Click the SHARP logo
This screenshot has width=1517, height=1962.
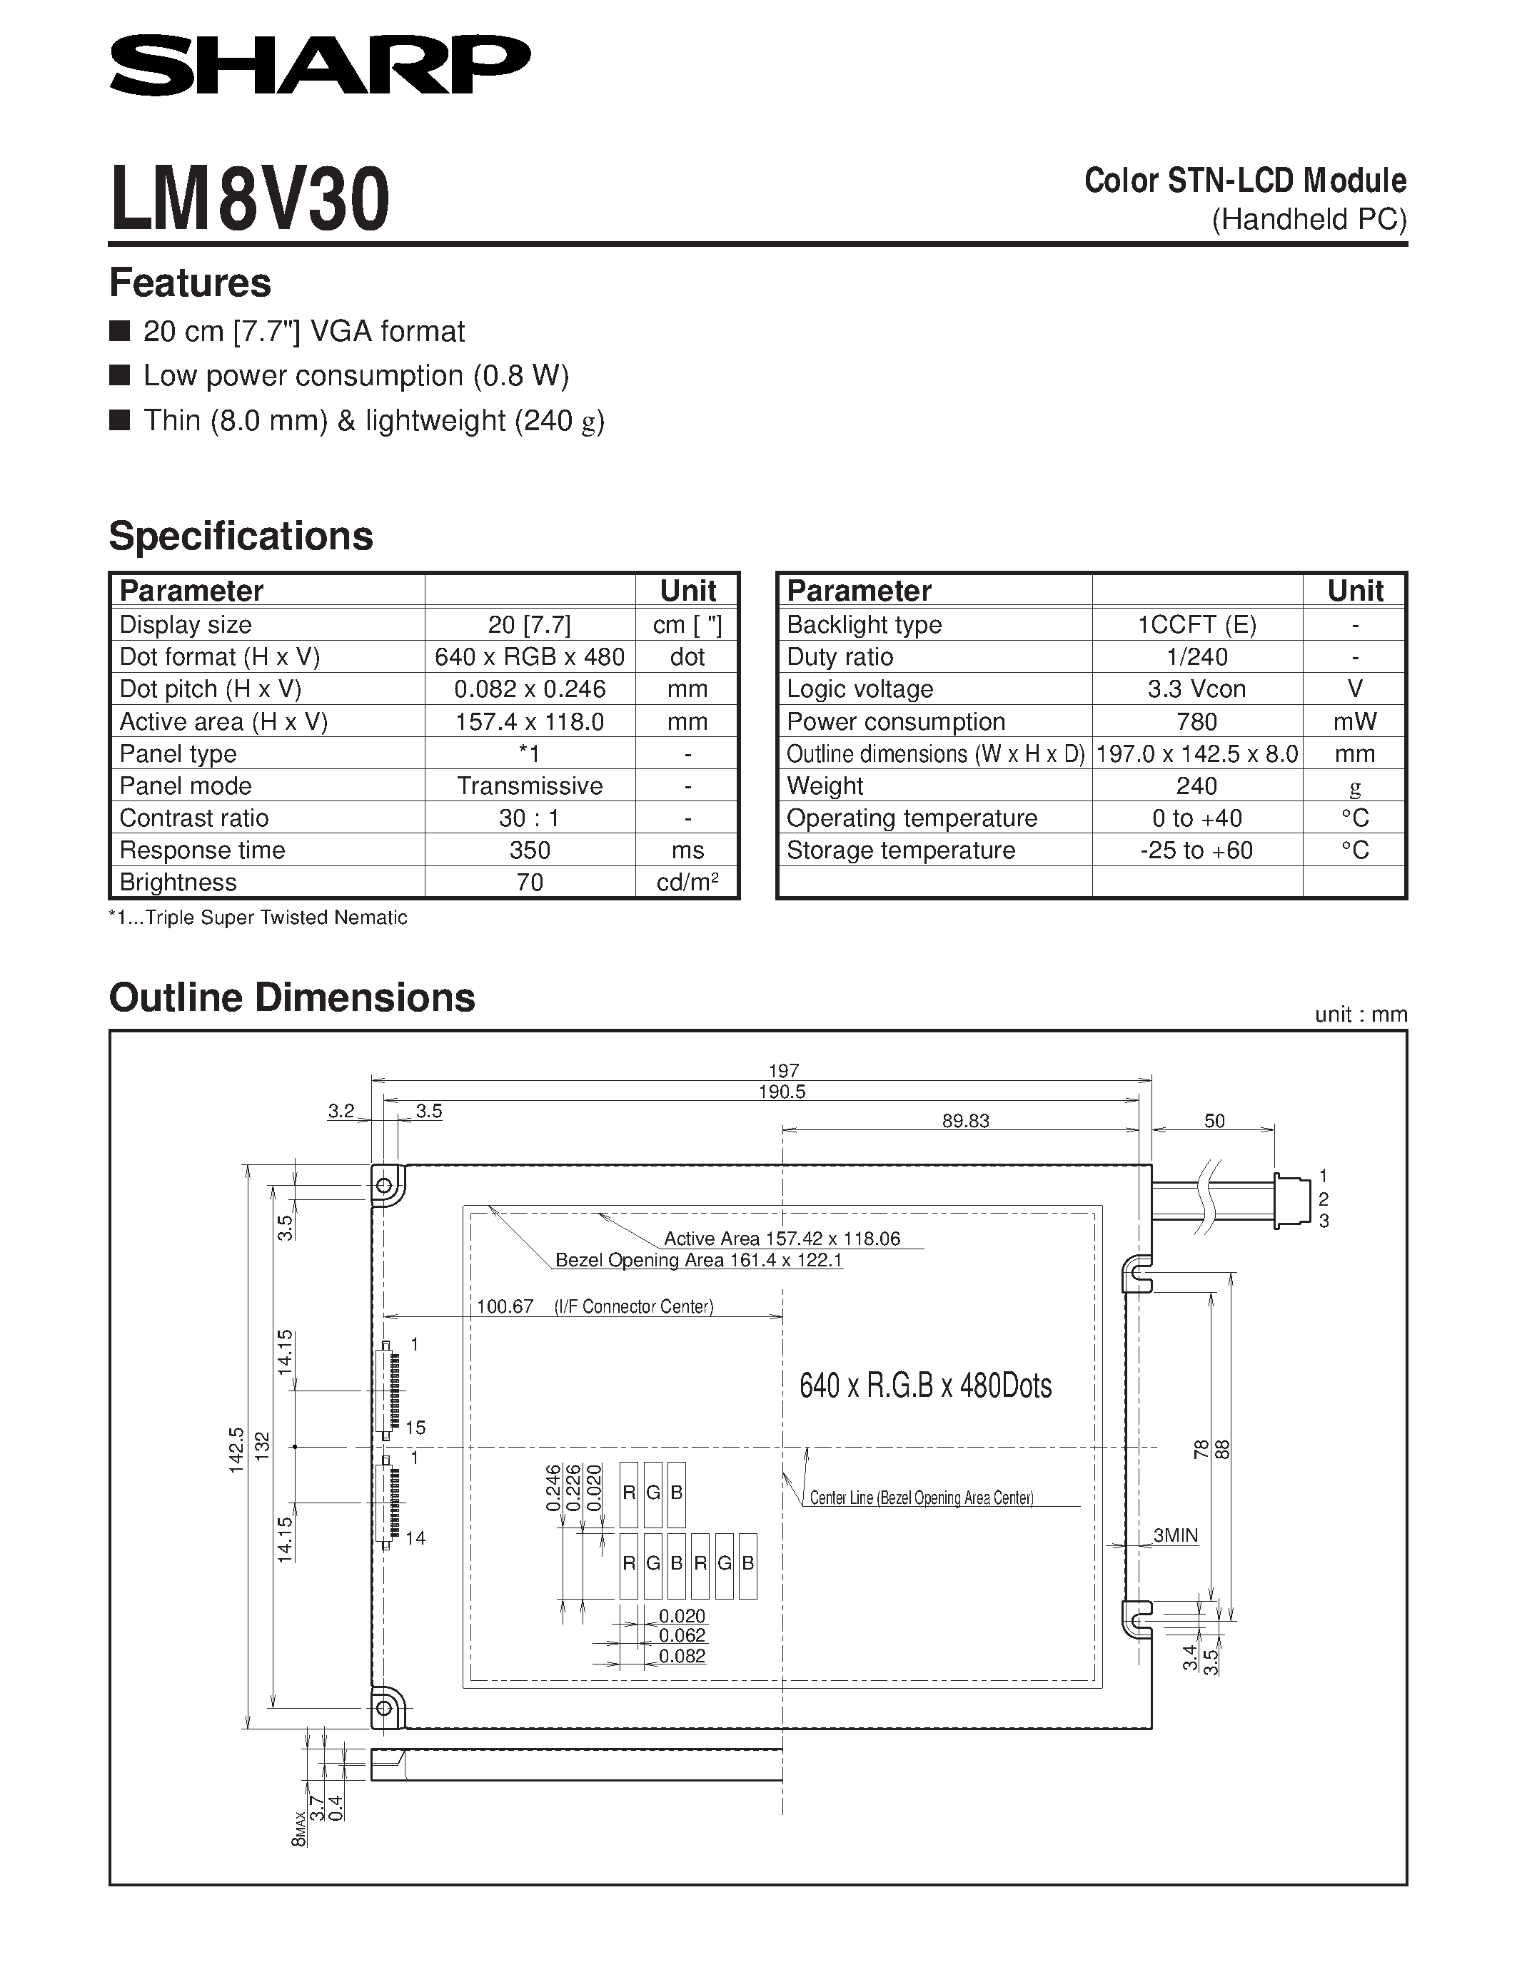coord(319,65)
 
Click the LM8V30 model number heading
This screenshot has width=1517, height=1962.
coord(250,200)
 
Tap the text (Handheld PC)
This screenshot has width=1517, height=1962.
coord(1309,219)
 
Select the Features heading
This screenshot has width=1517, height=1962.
coord(190,283)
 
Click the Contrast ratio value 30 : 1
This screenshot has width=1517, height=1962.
coord(529,818)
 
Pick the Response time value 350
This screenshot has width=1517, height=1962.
coord(529,850)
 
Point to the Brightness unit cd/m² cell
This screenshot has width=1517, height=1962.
coord(687,882)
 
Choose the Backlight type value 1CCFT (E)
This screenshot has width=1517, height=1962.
coord(1196,624)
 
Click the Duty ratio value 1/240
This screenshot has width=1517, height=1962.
coord(1196,656)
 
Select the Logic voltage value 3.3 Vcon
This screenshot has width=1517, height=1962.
coord(1196,689)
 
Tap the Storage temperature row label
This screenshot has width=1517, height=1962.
coord(900,850)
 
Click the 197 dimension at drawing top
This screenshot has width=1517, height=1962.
coord(784,1070)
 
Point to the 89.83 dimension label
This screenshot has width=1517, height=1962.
coord(965,1120)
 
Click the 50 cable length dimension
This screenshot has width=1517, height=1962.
coord(1214,1120)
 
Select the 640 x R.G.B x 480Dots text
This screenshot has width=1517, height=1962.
coord(924,1386)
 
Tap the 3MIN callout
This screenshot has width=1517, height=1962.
coord(1176,1535)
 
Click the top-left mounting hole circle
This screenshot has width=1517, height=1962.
coord(385,1185)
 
